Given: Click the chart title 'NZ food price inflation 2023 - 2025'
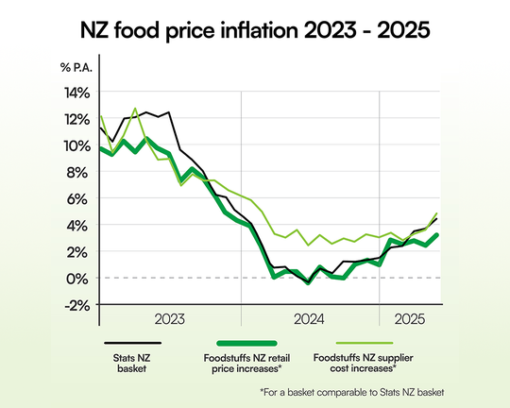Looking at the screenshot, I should tap(255, 30).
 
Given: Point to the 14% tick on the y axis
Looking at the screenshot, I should tap(76, 93).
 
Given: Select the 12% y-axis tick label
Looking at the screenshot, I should tap(76, 119).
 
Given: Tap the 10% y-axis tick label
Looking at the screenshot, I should tap(76, 145).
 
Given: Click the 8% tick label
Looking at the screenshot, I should tap(79, 172).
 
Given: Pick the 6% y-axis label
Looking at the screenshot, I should tap(79, 198).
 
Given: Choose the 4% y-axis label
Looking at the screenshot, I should tap(79, 225).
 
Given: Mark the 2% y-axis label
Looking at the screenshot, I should tap(79, 251).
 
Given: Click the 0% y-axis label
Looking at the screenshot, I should tap(79, 278).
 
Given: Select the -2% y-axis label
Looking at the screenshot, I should tap(77, 304).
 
